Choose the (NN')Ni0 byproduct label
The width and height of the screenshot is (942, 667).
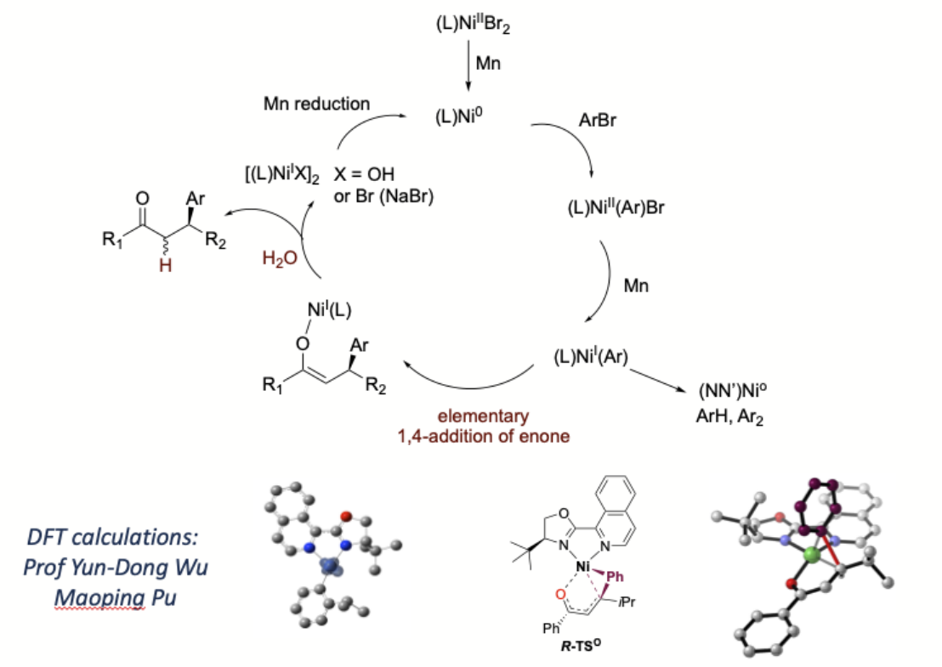[735, 393]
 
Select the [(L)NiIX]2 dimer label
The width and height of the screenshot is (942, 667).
[273, 176]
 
